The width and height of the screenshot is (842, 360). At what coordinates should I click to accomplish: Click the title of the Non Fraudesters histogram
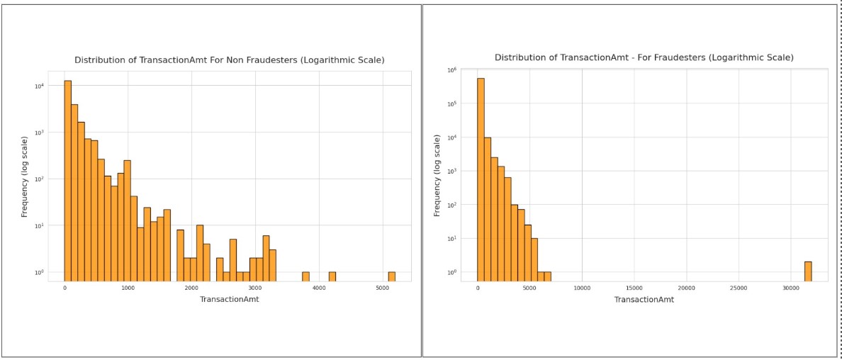[x=230, y=60]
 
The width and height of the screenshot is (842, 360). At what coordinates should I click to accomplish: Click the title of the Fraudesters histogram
[x=644, y=57]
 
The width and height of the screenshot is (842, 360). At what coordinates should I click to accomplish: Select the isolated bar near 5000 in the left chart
[x=391, y=276]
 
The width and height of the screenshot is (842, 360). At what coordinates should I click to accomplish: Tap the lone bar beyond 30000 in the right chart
[x=808, y=271]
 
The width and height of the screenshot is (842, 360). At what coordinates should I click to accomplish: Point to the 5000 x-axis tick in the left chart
[x=382, y=288]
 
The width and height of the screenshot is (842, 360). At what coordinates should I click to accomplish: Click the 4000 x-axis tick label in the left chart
[x=319, y=288]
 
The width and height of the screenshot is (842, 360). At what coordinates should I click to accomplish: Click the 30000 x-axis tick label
[x=791, y=288]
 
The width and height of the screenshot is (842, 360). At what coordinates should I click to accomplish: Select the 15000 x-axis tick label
[x=634, y=288]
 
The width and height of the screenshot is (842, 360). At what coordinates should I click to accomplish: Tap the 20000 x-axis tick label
[x=686, y=288]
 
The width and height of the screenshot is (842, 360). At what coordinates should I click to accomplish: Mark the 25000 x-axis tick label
[x=739, y=288]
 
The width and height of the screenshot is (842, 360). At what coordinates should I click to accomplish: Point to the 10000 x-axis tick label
[x=582, y=288]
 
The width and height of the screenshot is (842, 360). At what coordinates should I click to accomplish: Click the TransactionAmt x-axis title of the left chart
[x=230, y=300]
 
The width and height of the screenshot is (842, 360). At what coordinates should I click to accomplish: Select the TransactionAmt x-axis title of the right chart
[x=644, y=300]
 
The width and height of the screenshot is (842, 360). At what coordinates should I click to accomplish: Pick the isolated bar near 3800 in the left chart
[x=305, y=276]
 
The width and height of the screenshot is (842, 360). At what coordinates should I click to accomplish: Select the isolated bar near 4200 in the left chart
[x=332, y=276]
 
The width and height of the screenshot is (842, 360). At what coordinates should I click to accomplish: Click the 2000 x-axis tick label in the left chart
[x=191, y=288]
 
